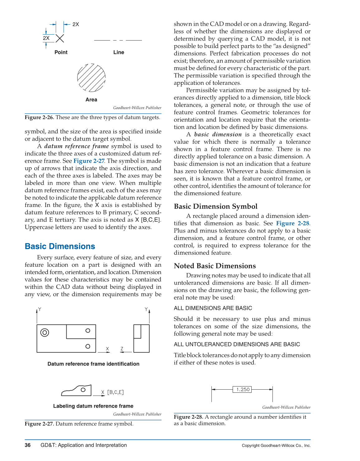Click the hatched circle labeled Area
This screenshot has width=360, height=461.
pyautogui.click(x=91, y=78)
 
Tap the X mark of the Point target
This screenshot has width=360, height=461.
pyautogui.click(x=60, y=38)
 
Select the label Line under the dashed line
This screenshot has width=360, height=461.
pyautogui.click(x=119, y=52)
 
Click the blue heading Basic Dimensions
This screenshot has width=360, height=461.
pyautogui.click(x=60, y=246)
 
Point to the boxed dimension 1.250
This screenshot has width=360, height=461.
pyautogui.click(x=243, y=389)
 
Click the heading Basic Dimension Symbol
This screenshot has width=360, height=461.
pyautogui.click(x=216, y=206)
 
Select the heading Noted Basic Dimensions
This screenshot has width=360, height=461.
pyautogui.click(x=215, y=266)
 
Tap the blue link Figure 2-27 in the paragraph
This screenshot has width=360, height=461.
pyautogui.click(x=89, y=161)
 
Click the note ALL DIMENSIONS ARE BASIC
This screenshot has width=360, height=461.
pyautogui.click(x=213, y=308)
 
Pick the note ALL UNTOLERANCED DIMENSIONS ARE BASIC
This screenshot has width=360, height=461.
pyautogui.click(x=237, y=344)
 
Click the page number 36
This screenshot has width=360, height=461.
pyautogui.click(x=28, y=445)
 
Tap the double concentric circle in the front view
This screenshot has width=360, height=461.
pyautogui.click(x=45, y=333)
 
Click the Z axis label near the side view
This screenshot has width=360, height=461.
pyautogui.click(x=122, y=349)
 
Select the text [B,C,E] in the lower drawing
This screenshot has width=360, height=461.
pyautogui.click(x=116, y=392)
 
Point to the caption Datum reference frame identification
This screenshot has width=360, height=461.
pyautogui.click(x=93, y=364)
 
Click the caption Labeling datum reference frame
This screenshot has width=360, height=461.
pyautogui.click(x=93, y=406)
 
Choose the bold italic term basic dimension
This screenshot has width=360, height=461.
pyautogui.click(x=218, y=134)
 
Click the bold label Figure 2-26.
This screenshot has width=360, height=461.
pyautogui.click(x=39, y=118)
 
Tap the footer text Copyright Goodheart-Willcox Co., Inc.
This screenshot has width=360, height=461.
pyautogui.click(x=276, y=445)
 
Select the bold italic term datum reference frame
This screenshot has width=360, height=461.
pyautogui.click(x=77, y=146)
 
